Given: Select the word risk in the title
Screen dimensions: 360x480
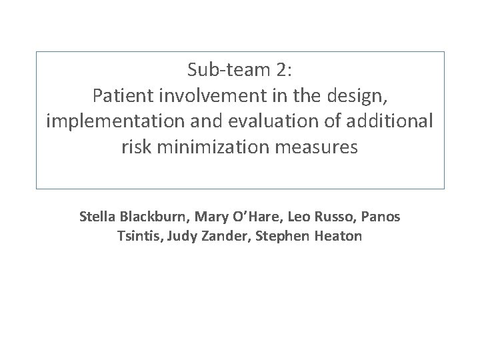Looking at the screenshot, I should tap(135, 147).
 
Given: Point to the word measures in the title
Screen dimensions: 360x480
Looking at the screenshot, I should tap(320, 147).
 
